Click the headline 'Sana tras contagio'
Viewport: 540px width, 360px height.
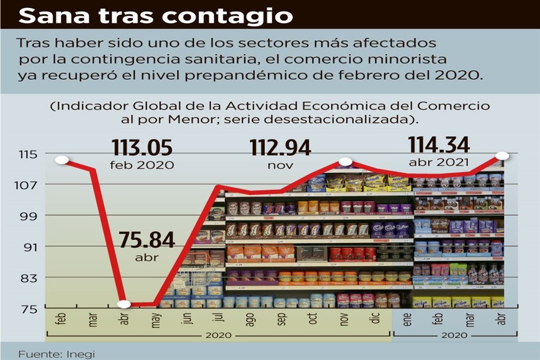click(x=156, y=16)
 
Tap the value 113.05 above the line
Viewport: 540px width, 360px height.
click(x=141, y=148)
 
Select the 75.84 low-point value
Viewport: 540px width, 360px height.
click(x=147, y=241)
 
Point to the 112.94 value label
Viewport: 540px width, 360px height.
click(x=280, y=148)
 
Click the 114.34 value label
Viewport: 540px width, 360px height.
click(x=439, y=145)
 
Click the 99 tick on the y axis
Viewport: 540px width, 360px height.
click(x=29, y=216)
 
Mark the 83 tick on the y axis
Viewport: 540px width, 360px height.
click(x=29, y=278)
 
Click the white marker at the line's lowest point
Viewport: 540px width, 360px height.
click(x=124, y=304)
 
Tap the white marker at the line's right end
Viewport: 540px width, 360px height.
click(x=503, y=156)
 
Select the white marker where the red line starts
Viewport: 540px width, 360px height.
click(x=61, y=160)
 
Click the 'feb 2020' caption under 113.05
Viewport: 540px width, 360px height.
click(x=142, y=165)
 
